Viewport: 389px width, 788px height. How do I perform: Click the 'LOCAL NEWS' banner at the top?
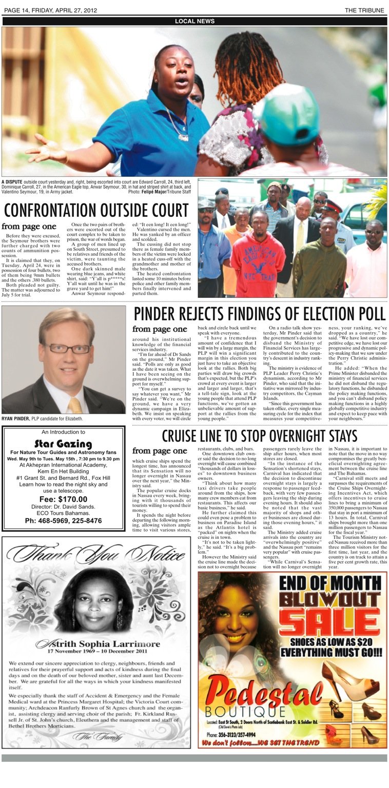tap(194, 21)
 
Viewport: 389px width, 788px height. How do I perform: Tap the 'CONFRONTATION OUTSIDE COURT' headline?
tap(96, 211)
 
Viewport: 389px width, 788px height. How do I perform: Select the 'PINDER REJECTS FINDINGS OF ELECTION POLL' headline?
tap(259, 314)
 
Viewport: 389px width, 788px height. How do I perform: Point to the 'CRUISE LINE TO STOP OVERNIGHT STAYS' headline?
tap(259, 436)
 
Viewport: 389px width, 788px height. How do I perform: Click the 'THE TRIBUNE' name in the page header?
tap(365, 10)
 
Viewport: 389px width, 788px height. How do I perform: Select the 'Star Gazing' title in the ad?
tap(63, 444)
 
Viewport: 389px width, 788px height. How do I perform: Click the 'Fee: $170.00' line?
tap(63, 499)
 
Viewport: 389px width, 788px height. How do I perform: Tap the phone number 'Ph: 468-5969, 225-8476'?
tap(63, 521)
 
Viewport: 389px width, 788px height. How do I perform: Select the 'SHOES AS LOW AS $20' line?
tap(333, 642)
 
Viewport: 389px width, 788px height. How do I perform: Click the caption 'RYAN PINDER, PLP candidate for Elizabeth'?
tap(43, 419)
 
